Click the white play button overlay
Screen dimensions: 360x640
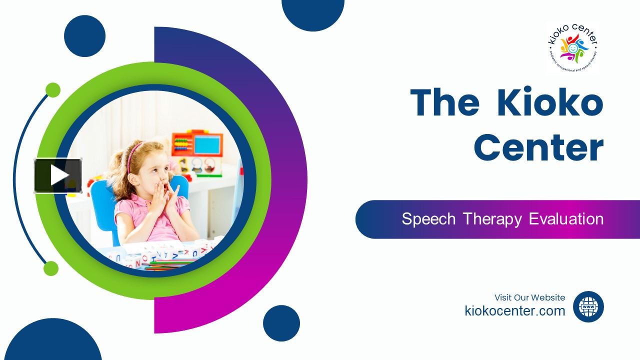[x=58, y=175]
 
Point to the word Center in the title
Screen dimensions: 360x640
[x=538, y=147]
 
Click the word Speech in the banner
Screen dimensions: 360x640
[x=429, y=219]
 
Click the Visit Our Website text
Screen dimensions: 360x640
[x=529, y=297]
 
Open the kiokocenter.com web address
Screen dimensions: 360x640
[x=515, y=311]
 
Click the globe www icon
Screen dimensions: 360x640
[x=588, y=306]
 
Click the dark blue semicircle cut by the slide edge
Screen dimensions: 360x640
[x=313, y=12]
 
